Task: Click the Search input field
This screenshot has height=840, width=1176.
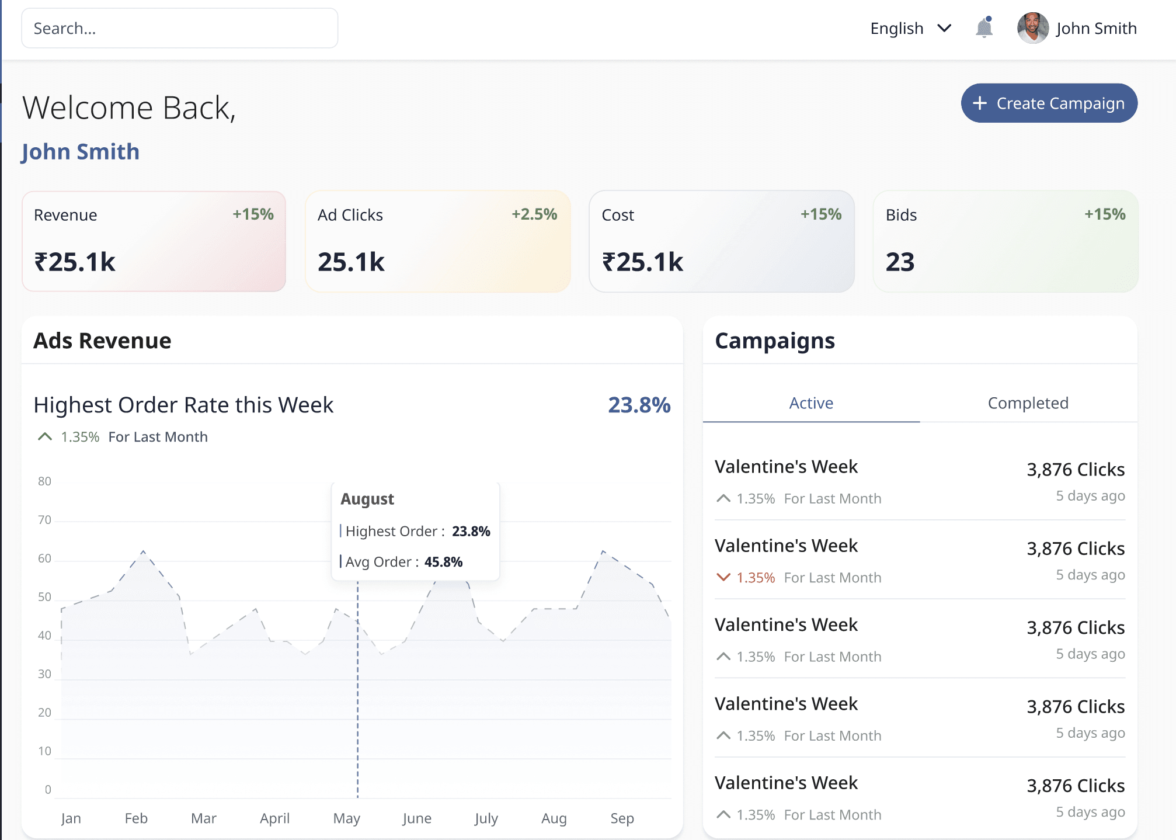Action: coord(179,28)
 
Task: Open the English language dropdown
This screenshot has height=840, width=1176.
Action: coord(910,28)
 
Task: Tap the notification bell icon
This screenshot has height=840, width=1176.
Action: coord(984,27)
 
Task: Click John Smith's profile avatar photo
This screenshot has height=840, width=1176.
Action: coord(1032,28)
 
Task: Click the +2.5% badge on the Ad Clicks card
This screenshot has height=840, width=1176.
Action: coord(534,214)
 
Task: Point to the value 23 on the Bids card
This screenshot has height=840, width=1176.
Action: coord(900,262)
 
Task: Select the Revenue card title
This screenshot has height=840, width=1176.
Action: coord(65,215)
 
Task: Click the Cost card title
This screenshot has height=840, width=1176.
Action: coord(617,215)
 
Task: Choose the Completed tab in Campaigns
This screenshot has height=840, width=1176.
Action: coord(1028,403)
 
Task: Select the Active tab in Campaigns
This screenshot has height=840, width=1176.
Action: coord(811,403)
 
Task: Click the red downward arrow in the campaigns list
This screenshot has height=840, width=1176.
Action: coord(723,577)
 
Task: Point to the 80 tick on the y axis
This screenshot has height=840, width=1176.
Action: coord(44,481)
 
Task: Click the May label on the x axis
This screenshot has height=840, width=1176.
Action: coord(346,818)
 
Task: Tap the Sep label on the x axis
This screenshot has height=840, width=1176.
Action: coord(622,818)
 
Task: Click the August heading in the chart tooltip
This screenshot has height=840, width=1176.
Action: coord(367,499)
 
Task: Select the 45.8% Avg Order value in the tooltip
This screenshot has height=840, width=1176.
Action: coord(443,562)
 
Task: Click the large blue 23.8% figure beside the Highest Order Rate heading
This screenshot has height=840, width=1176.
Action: coord(639,405)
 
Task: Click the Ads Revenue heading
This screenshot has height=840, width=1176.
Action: coord(102,341)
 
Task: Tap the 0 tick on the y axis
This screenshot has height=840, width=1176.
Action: coord(48,790)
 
